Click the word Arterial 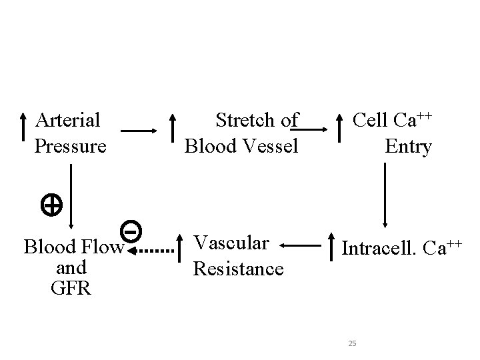68,121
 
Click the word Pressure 70,146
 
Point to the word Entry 408,146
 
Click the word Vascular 231,243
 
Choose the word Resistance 238,269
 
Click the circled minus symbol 131,231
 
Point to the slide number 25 353,343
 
